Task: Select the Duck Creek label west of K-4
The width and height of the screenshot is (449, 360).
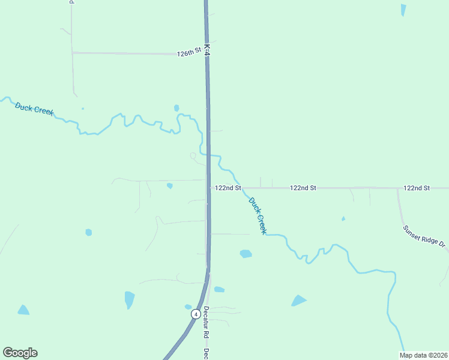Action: point(34,108)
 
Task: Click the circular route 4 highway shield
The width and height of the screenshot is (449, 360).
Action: point(196,314)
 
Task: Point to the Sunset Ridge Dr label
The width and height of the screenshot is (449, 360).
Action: point(425,237)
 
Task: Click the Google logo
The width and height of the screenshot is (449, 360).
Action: point(20,353)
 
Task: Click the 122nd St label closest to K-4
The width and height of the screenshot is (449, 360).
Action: point(228,188)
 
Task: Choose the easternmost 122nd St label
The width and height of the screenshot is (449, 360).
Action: point(417,188)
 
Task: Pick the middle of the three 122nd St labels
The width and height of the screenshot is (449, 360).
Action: point(303,188)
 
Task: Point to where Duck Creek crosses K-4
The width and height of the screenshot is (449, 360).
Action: point(208,154)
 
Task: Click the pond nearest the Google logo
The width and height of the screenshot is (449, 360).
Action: point(23,310)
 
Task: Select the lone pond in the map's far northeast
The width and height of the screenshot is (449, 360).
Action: point(403,10)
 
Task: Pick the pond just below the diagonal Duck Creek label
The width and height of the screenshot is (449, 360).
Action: point(246,254)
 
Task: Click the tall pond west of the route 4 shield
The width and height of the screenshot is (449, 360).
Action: point(129,299)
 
